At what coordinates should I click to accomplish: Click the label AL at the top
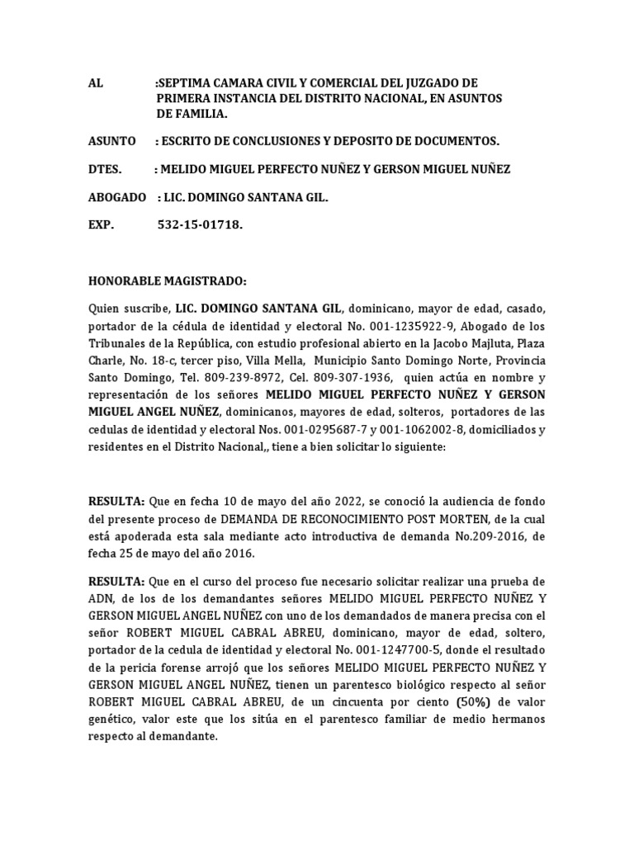[x=96, y=83]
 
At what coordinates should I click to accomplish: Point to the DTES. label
[x=104, y=169]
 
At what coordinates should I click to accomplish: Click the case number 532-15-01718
[x=200, y=225]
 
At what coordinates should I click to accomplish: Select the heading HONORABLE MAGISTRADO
[x=167, y=281]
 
